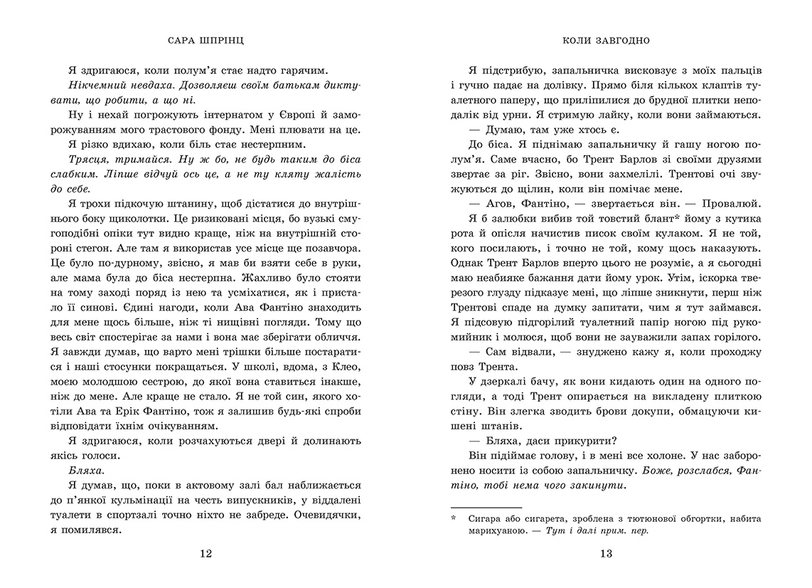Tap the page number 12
[x=205, y=554]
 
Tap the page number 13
[x=606, y=554]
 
